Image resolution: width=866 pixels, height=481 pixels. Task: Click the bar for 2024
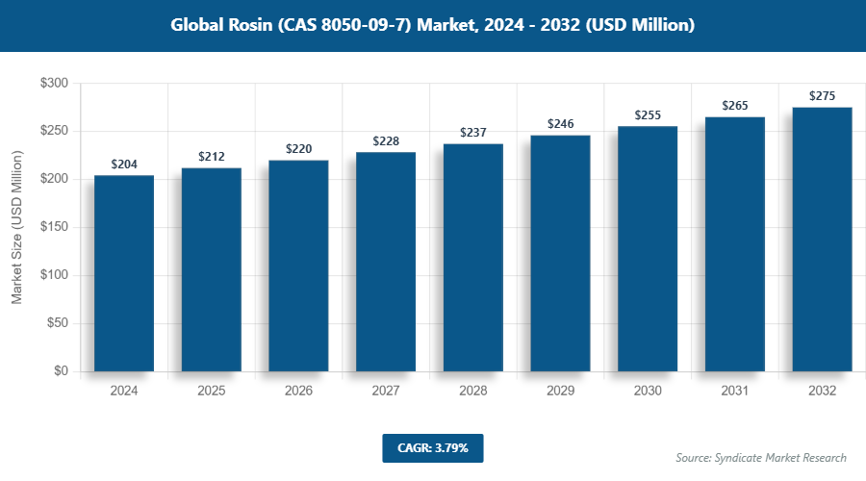(x=124, y=273)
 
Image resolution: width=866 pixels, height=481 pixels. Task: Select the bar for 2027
(x=386, y=262)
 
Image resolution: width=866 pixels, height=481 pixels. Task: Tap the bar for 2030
(x=648, y=249)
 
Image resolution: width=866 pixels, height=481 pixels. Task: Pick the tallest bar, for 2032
(x=822, y=240)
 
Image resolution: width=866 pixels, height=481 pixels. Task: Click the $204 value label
(x=124, y=165)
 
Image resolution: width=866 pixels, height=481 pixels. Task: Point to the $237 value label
(x=473, y=133)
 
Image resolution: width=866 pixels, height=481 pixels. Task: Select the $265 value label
(x=735, y=106)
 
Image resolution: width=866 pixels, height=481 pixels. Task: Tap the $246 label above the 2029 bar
(x=561, y=124)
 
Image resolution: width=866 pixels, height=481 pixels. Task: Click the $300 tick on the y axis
(x=54, y=84)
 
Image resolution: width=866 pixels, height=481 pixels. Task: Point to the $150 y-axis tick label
(x=54, y=228)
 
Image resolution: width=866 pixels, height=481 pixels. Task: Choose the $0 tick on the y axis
(x=61, y=371)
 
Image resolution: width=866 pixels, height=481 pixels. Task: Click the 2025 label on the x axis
(x=212, y=392)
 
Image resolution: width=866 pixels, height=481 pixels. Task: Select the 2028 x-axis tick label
(x=473, y=392)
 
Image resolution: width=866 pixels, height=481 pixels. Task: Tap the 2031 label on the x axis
(x=735, y=392)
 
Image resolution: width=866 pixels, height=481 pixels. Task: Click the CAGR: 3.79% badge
(x=432, y=448)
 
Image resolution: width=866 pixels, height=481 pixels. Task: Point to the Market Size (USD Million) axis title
(x=16, y=228)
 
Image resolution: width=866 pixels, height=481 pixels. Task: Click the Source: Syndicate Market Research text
(x=761, y=458)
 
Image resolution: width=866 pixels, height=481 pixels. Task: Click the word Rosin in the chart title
(x=246, y=25)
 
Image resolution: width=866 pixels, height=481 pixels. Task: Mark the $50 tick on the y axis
(x=57, y=323)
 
